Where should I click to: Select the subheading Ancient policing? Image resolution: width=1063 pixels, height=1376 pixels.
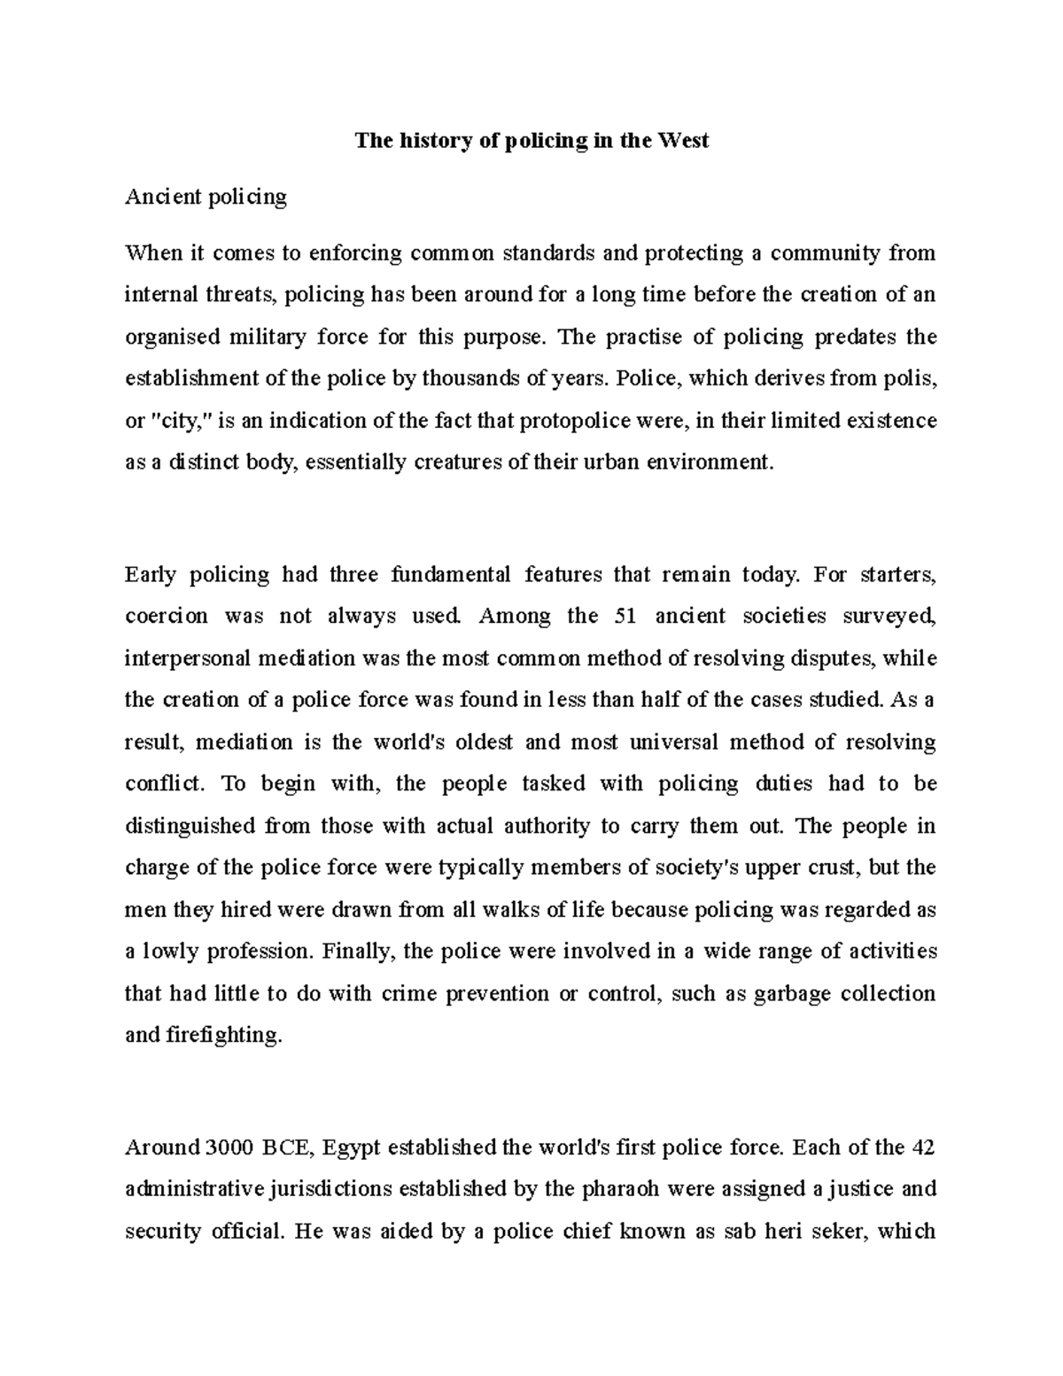point(206,197)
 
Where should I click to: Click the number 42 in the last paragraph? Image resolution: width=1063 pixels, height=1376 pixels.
point(920,1147)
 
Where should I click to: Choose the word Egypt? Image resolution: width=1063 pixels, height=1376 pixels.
point(352,1147)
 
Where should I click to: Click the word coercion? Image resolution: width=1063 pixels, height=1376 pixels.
point(167,616)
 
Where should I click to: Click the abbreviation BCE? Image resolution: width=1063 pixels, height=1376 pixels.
point(287,1147)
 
